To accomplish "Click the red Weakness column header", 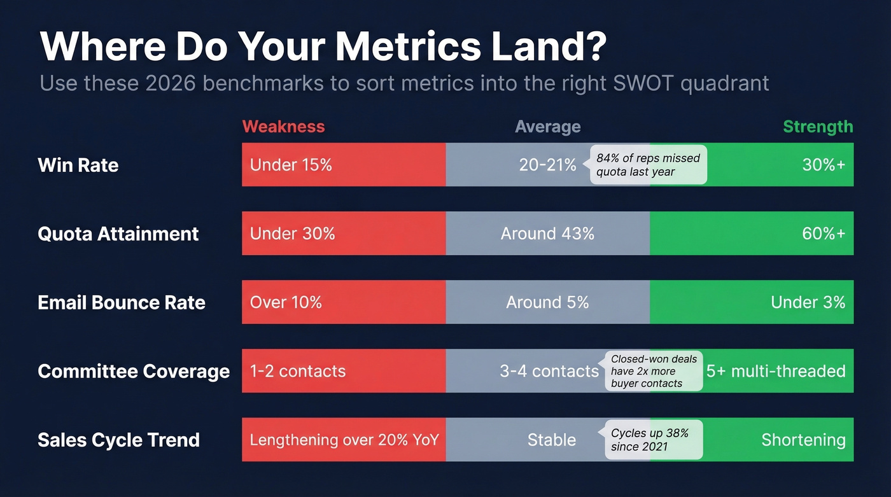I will [x=283, y=127].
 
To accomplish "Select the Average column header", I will [x=547, y=127].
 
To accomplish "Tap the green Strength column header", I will [x=817, y=127].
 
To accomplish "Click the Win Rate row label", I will [x=78, y=165].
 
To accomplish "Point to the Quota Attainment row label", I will [x=118, y=234].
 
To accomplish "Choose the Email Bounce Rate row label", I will [x=122, y=302].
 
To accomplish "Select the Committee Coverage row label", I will [x=134, y=371].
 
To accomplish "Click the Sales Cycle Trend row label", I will [x=118, y=440].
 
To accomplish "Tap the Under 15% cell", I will [x=291, y=165].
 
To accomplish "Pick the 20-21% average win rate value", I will [x=547, y=165].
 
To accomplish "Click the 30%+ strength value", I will [x=823, y=165].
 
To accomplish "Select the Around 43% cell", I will [x=547, y=234].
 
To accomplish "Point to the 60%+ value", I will [x=823, y=234].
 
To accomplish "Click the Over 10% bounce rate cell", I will [x=286, y=302].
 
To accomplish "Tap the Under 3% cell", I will [x=808, y=302].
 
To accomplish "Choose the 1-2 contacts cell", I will [x=297, y=371].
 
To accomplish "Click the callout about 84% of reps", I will [x=648, y=165].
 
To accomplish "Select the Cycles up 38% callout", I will [x=652, y=440].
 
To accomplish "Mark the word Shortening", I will [x=803, y=440].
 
